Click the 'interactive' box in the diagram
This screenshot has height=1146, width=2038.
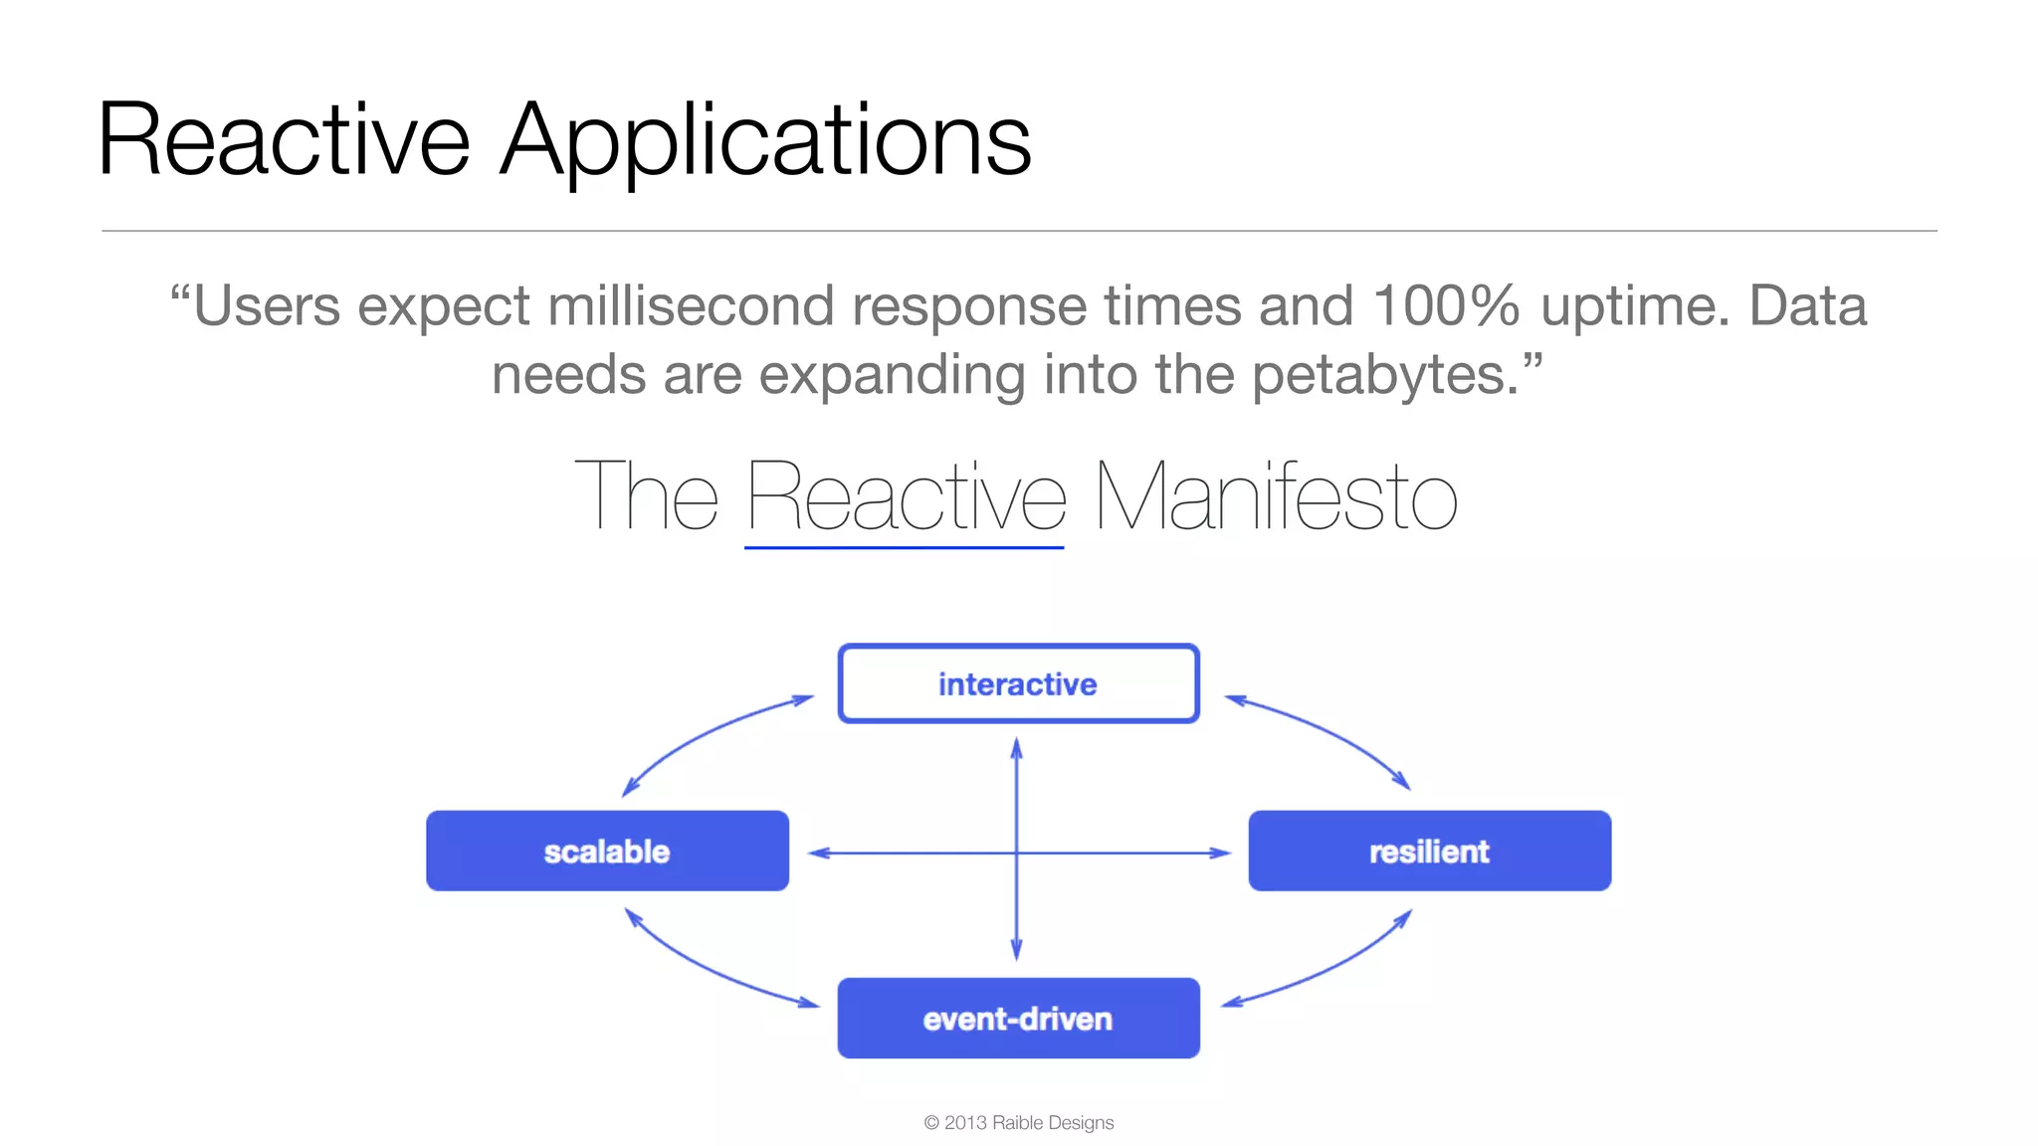coord(1018,683)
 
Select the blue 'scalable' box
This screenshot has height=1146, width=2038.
coord(607,851)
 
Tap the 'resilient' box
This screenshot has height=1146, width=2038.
coord(1429,851)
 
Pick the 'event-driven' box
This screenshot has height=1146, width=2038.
coord(1018,1018)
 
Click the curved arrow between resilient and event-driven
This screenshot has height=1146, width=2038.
coord(1333,970)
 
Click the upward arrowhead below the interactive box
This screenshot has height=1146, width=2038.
coord(1016,748)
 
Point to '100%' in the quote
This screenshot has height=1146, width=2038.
coord(1445,305)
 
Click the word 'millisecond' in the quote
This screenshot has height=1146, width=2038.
coord(690,305)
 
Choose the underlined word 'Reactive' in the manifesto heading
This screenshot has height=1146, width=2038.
coord(906,497)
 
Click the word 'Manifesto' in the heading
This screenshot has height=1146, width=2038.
coord(1275,497)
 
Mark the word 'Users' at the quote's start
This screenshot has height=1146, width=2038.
coord(267,305)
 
